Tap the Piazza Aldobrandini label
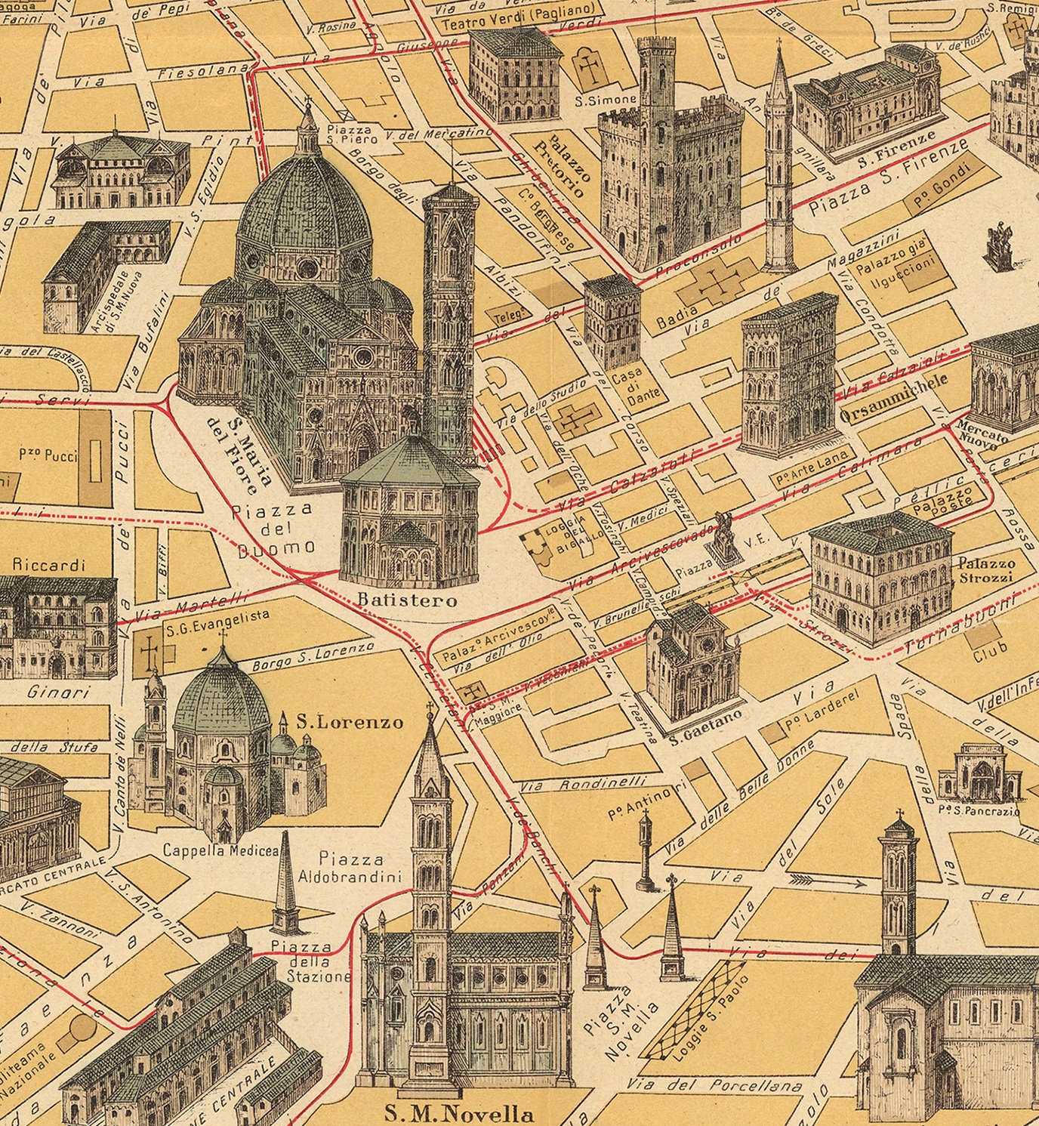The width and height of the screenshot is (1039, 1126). click(x=352, y=867)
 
